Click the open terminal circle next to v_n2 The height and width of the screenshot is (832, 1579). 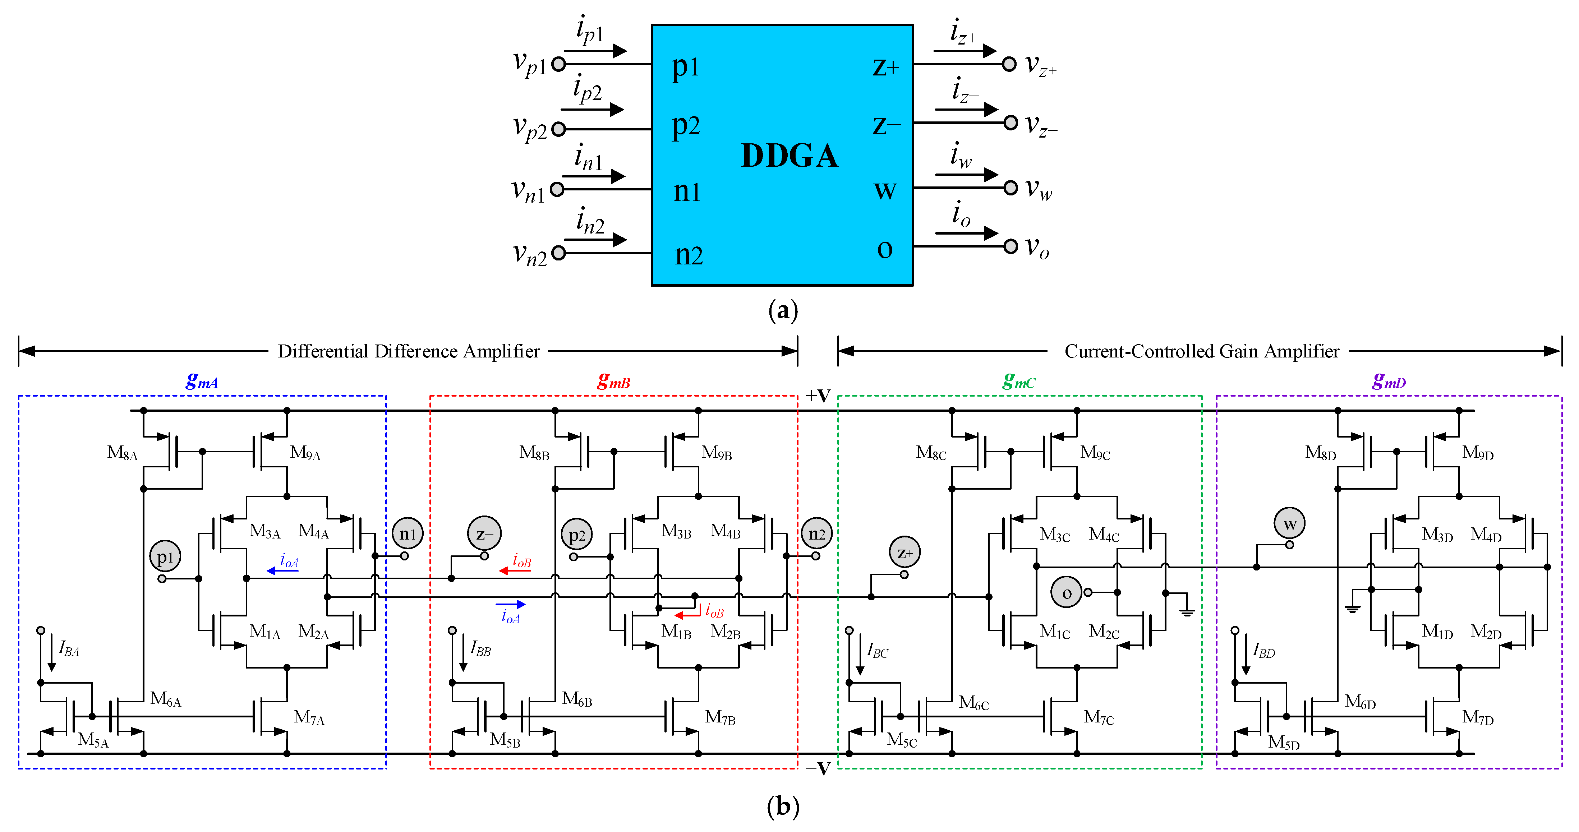click(558, 253)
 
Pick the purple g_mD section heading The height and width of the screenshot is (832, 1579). click(1389, 381)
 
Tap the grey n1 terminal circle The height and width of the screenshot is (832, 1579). click(408, 533)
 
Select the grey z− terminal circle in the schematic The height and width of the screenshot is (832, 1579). click(484, 533)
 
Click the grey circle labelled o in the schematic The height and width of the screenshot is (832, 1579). click(1067, 592)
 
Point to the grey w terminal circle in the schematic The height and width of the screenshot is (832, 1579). click(1290, 524)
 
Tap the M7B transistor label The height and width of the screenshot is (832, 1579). click(720, 717)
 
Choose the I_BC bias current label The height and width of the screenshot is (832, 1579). click(877, 651)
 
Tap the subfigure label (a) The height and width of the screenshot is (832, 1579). click(783, 311)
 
